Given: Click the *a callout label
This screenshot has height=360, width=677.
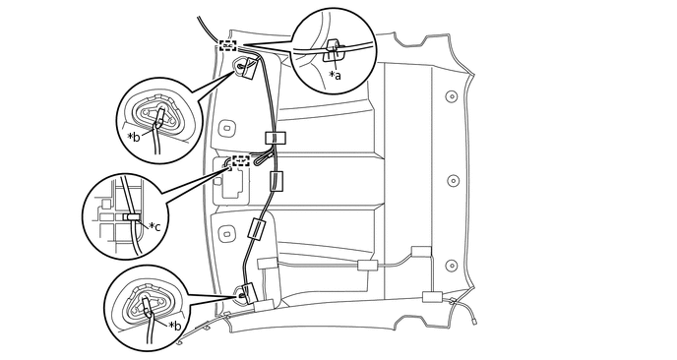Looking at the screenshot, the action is pyautogui.click(x=335, y=75).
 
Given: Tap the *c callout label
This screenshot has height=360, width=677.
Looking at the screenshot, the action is pyautogui.click(x=154, y=226).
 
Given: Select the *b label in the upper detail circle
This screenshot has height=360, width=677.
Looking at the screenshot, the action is pyautogui.click(x=134, y=137).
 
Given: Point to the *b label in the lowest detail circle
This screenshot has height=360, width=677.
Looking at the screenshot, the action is pyautogui.click(x=175, y=325).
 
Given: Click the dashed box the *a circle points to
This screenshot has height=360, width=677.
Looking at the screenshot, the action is pyautogui.click(x=227, y=45).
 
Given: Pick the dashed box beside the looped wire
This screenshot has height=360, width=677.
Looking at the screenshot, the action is pyautogui.click(x=241, y=161).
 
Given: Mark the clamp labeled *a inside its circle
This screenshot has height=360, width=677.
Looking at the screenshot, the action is pyautogui.click(x=334, y=50).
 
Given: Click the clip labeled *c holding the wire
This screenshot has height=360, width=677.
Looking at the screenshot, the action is pyautogui.click(x=131, y=216).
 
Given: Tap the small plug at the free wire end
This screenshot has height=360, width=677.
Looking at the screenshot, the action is pyautogui.click(x=474, y=322).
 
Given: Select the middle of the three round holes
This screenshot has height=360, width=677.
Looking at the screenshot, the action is pyautogui.click(x=453, y=181).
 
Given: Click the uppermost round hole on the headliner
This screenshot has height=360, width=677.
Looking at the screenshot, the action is pyautogui.click(x=452, y=95).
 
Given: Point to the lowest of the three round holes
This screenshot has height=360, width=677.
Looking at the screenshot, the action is pyautogui.click(x=452, y=266).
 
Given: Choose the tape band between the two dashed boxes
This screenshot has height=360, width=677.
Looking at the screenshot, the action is pyautogui.click(x=276, y=138).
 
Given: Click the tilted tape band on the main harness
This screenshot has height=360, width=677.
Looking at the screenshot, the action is pyautogui.click(x=257, y=229).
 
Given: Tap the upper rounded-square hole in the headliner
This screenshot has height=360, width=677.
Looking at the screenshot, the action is pyautogui.click(x=225, y=129).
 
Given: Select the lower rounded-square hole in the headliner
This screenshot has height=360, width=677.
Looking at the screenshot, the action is pyautogui.click(x=225, y=234).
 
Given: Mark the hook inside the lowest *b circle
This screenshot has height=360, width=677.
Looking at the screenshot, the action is pyautogui.click(x=147, y=307).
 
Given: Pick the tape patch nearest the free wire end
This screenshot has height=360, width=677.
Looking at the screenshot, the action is pyautogui.click(x=432, y=297).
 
